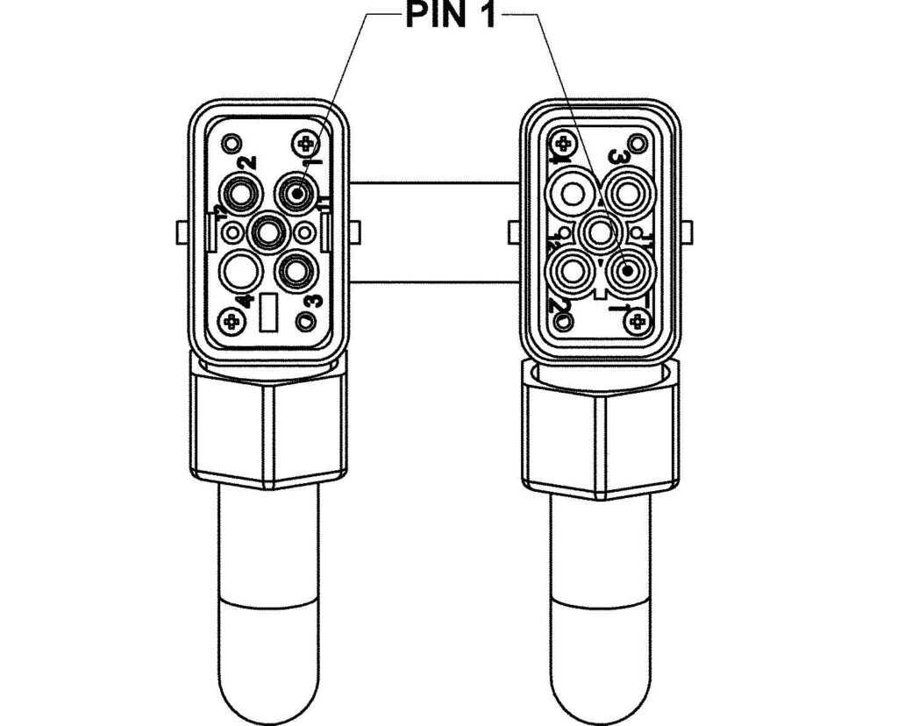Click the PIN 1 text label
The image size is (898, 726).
pos(449,16)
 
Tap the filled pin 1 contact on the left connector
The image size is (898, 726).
pos(297,190)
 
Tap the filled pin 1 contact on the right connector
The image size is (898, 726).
pos(629,270)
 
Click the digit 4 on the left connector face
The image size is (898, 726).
pos(247,300)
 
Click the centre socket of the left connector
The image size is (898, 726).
pos(267,232)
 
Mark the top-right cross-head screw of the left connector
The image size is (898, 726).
pos(305,142)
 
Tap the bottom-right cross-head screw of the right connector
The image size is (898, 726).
pos(636,321)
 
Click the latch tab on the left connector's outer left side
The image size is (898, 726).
pos(182,232)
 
